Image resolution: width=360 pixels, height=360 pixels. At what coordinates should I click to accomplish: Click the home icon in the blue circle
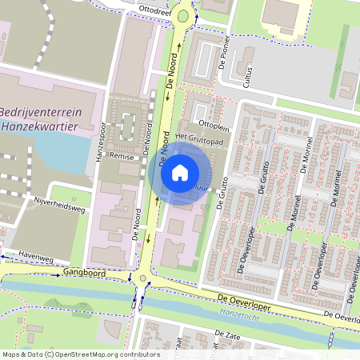pyautogui.click(x=180, y=173)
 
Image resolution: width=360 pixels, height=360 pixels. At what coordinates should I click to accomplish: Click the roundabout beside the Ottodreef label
pyautogui.click(x=184, y=14)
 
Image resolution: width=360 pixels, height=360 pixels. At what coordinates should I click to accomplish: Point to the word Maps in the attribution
pyautogui.click(x=12, y=354)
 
